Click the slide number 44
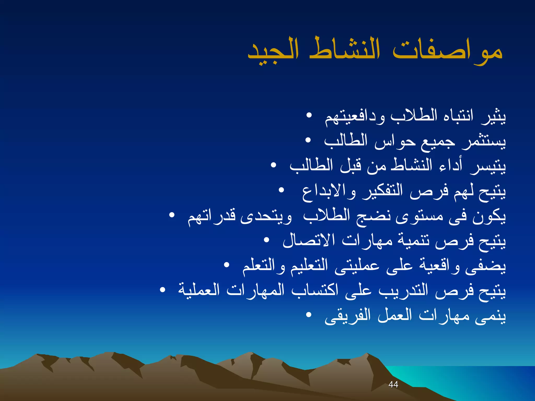[393, 384]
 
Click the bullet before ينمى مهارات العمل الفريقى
[309, 315]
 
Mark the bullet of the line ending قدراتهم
[172, 215]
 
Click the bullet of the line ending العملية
[162, 290]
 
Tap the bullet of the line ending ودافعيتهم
[309, 115]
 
